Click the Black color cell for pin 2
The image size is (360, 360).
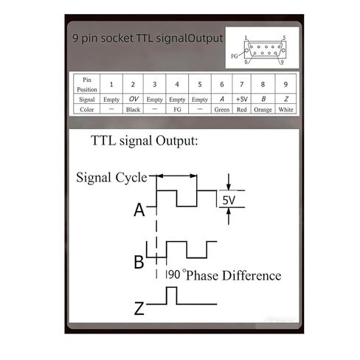pyautogui.click(x=133, y=109)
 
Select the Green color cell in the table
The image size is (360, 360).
pyautogui.click(x=222, y=109)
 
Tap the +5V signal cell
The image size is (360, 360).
pyautogui.click(x=242, y=99)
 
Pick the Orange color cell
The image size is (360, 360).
pyautogui.click(x=263, y=109)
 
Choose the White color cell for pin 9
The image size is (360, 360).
pyautogui.click(x=285, y=109)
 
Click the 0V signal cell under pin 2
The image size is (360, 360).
pyautogui.click(x=133, y=99)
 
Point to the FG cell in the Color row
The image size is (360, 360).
pyautogui.click(x=177, y=109)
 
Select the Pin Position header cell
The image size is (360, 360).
pyautogui.click(x=87, y=84)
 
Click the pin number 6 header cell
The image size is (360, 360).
pyautogui.click(x=222, y=84)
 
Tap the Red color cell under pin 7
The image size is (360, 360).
pyautogui.click(x=242, y=109)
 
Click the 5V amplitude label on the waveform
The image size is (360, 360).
pyautogui.click(x=229, y=200)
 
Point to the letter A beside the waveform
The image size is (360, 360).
pyautogui.click(x=139, y=210)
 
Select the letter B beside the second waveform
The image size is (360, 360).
pyautogui.click(x=139, y=262)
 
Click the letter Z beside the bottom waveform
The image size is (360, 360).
pyautogui.click(x=139, y=308)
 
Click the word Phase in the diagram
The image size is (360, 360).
pyautogui.click(x=202, y=276)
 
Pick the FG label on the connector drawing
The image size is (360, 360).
pyautogui.click(x=235, y=56)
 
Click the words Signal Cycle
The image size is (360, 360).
pyautogui.click(x=111, y=178)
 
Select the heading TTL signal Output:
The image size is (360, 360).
pyautogui.click(x=145, y=141)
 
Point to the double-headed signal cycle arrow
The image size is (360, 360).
pyautogui.click(x=176, y=176)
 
